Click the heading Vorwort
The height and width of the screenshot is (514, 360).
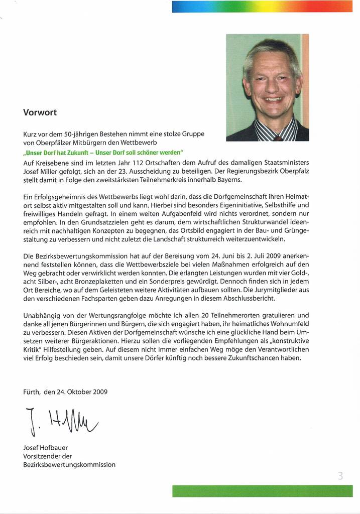pos(40,112)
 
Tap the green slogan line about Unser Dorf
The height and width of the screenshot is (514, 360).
pos(104,153)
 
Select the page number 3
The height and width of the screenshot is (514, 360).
pos(340,476)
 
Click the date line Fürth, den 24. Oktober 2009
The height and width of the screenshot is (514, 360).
pos(65,392)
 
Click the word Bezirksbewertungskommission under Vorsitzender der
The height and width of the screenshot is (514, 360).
pos(69,465)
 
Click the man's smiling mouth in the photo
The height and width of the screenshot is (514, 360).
pos(274,99)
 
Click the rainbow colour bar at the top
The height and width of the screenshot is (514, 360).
pos(262,7)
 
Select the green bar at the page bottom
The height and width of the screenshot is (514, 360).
pos(262,491)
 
